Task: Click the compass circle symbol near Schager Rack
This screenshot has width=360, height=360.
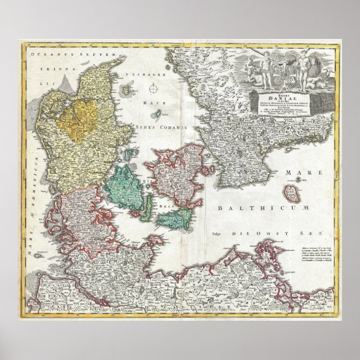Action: [x=153, y=88]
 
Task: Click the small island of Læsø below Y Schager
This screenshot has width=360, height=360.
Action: [x=132, y=88]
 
